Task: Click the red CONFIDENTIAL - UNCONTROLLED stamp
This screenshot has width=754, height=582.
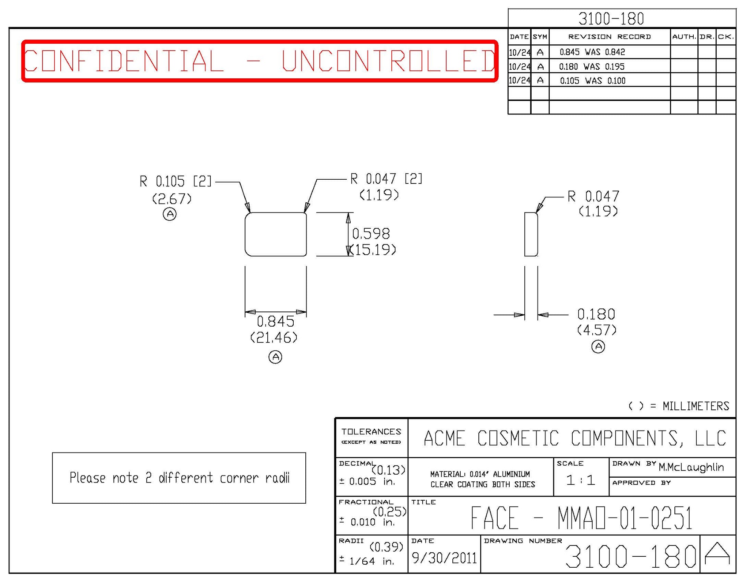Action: point(260,61)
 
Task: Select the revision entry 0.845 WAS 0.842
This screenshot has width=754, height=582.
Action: point(592,52)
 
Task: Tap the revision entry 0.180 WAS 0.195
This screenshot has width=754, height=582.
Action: point(592,67)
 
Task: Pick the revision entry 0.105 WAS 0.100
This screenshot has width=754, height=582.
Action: point(593,81)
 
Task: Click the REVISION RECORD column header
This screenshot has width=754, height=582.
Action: point(609,37)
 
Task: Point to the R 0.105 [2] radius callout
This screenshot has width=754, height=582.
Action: point(175,182)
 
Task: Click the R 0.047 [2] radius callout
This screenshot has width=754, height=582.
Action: point(386,179)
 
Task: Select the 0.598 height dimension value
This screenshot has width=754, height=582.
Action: point(371,234)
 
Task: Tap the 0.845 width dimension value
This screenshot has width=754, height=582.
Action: point(276,322)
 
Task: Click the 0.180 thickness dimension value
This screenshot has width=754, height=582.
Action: point(596,314)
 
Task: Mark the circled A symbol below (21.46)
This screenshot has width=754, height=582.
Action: point(275,357)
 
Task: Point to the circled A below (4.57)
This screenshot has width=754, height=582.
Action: point(598,346)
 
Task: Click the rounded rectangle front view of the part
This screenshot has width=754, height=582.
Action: point(276,234)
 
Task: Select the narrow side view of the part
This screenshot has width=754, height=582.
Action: point(531,234)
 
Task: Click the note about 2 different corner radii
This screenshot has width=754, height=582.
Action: point(179,478)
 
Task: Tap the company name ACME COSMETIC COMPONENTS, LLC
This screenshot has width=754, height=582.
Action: point(575,438)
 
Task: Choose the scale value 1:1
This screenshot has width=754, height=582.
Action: point(581,480)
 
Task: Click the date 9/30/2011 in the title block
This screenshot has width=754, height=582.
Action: point(444,558)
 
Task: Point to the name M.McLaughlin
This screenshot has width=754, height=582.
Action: point(691,467)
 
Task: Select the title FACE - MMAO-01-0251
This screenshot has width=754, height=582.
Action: point(581,518)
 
